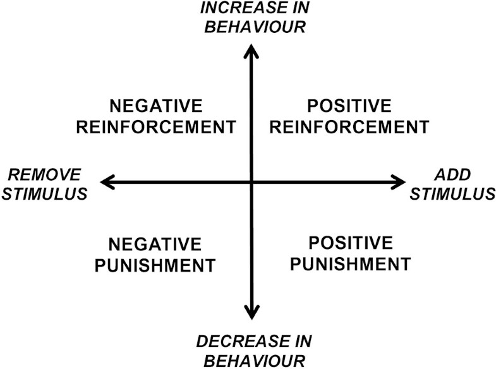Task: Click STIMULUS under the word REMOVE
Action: pos(44,193)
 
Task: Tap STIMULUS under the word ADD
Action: pos(452,193)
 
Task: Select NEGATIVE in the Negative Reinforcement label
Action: pos(156,106)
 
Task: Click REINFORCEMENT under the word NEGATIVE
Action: pos(156,126)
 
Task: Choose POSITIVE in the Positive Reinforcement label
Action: pos(349,106)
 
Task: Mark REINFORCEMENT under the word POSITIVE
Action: pos(349,126)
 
